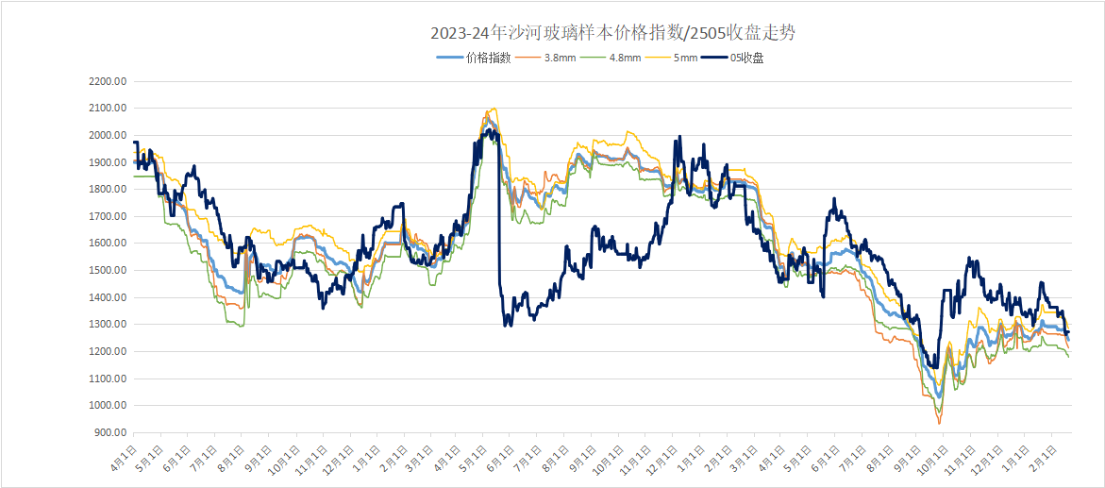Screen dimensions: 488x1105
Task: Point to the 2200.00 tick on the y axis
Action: point(108,81)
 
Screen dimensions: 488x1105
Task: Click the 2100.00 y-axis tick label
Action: point(108,109)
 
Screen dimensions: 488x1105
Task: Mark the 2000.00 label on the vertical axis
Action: point(108,135)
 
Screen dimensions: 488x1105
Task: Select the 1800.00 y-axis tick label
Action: point(108,190)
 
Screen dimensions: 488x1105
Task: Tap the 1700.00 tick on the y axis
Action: point(108,216)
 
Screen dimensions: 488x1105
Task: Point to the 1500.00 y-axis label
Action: point(108,271)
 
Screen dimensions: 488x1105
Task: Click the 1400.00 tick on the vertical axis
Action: point(108,297)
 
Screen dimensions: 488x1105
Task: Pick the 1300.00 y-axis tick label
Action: point(108,325)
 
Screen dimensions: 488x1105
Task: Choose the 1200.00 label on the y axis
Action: point(108,352)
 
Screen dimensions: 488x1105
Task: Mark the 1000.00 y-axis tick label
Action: point(108,406)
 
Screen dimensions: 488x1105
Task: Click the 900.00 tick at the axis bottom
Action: point(110,433)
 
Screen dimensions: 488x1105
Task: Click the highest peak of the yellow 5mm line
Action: point(493,109)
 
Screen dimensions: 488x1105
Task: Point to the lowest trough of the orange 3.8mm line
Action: point(939,423)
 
